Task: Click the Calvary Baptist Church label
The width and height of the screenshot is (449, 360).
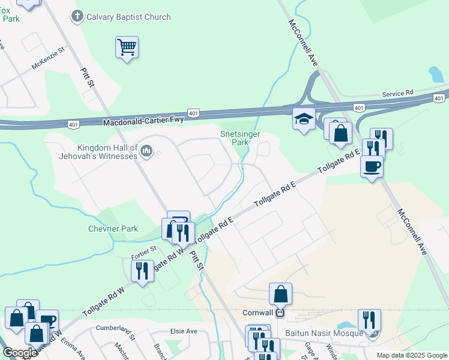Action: pyautogui.click(x=128, y=17)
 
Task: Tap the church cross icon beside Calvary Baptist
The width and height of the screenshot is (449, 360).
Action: pyautogui.click(x=77, y=17)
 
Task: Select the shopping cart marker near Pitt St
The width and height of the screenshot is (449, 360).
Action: pyautogui.click(x=127, y=47)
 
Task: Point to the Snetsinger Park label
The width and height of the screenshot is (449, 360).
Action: pyautogui.click(x=240, y=139)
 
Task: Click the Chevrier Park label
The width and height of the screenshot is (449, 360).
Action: pyautogui.click(x=112, y=229)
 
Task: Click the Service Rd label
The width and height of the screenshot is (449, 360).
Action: pyautogui.click(x=399, y=94)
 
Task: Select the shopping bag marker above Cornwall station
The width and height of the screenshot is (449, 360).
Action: pyautogui.click(x=280, y=294)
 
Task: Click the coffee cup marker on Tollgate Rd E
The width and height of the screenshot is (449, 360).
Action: pyautogui.click(x=372, y=166)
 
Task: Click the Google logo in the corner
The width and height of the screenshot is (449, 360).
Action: pyautogui.click(x=19, y=353)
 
